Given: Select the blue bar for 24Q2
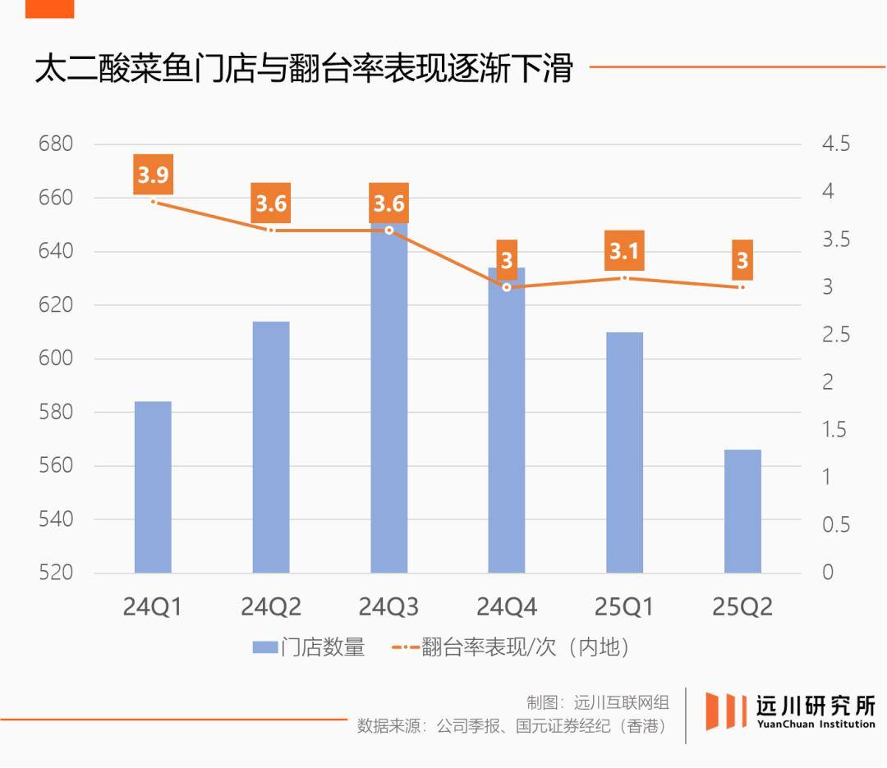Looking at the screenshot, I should (x=271, y=447).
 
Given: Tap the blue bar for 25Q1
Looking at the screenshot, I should (x=624, y=452).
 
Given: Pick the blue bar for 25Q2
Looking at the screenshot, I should (x=742, y=511).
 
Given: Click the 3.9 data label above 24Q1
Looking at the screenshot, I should (x=153, y=175).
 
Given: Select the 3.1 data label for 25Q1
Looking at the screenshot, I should (x=624, y=251).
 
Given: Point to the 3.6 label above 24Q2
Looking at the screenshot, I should (x=271, y=203).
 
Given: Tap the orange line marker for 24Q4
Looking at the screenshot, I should (x=507, y=287).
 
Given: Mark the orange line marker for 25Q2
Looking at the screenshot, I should (x=742, y=287).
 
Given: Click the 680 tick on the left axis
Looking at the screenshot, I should (x=56, y=144).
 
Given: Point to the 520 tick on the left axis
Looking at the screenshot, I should (x=56, y=573).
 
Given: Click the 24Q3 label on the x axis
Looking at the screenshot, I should (x=388, y=607).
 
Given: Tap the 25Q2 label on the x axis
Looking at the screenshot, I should (x=742, y=607).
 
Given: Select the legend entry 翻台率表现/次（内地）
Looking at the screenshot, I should (x=526, y=647).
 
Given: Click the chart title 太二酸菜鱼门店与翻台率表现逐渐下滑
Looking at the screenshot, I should (x=303, y=69).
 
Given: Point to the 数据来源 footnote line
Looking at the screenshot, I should (x=511, y=726).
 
